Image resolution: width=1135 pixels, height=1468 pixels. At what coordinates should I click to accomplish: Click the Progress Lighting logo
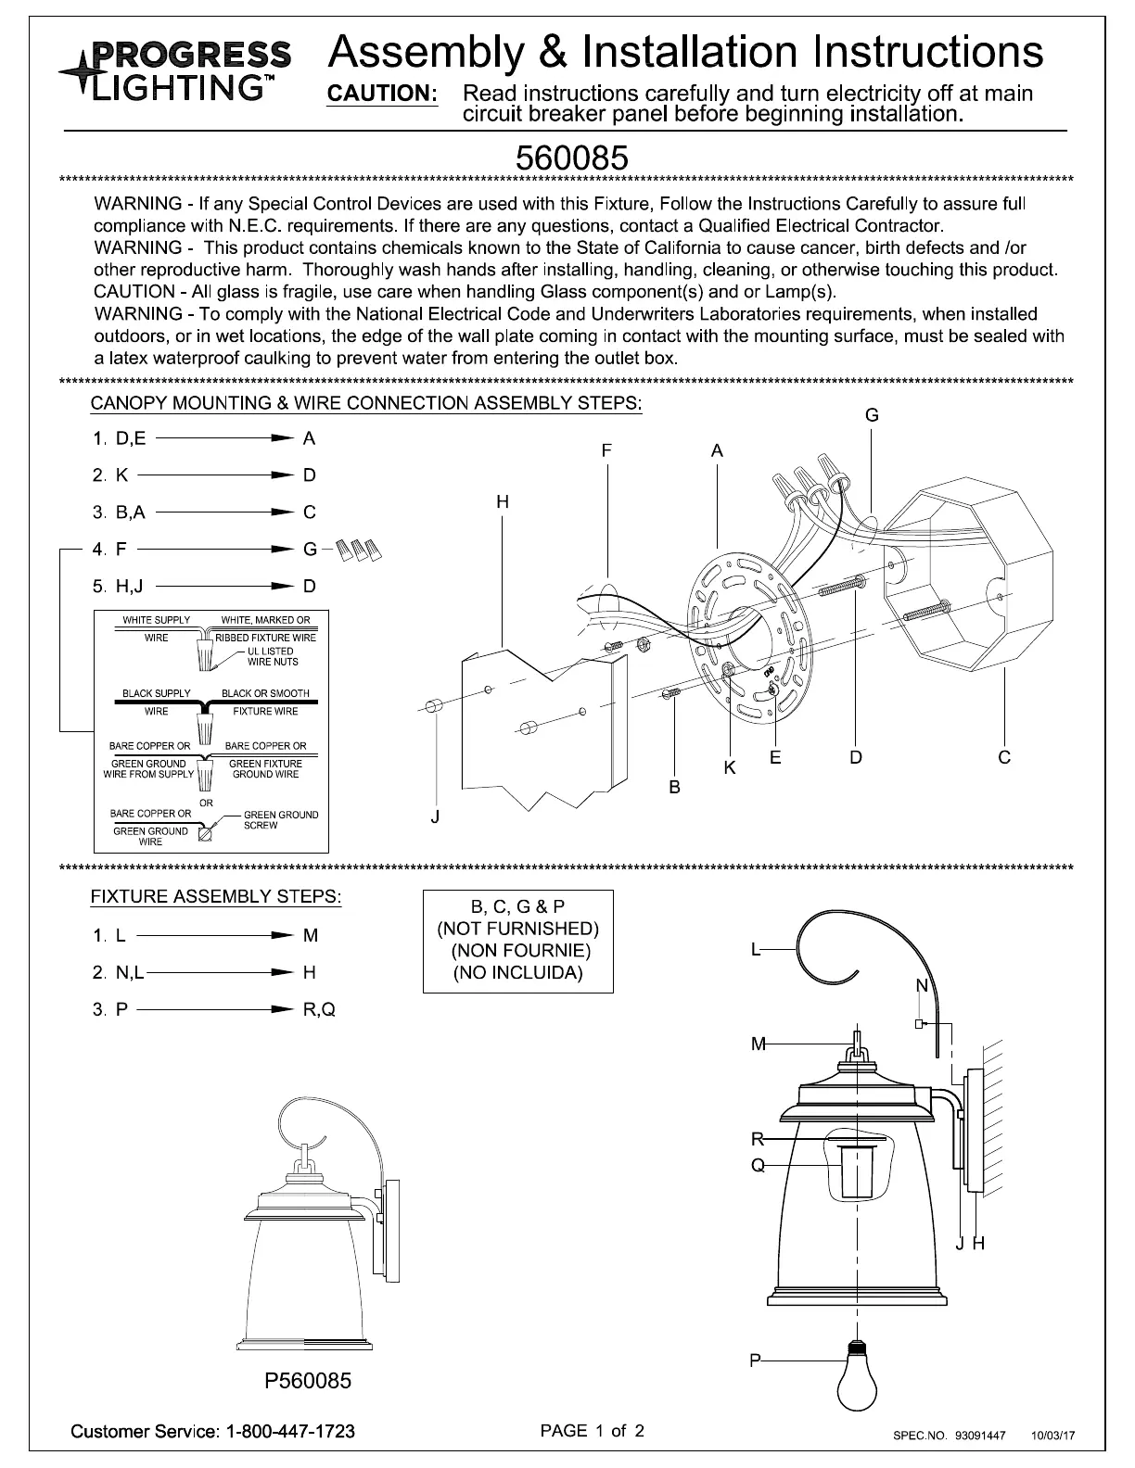(176, 70)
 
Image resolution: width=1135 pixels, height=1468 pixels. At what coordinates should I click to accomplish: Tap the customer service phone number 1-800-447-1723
(289, 1431)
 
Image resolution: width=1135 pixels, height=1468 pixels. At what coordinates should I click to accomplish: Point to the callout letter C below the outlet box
(1004, 757)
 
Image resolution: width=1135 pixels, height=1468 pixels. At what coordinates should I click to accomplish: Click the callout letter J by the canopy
(435, 816)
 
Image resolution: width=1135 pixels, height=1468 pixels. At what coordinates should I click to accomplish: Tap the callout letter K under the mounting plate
(730, 768)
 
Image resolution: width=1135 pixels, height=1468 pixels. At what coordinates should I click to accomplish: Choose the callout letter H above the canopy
(502, 501)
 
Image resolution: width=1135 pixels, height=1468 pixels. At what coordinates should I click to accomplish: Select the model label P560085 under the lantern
(309, 1381)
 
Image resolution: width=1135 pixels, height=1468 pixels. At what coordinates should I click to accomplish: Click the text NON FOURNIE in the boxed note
(520, 950)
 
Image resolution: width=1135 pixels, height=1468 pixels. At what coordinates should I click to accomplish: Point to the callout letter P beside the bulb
(756, 1360)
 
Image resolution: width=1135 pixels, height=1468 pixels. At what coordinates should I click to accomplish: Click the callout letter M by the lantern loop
(759, 1044)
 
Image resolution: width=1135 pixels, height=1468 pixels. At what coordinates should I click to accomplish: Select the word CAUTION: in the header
(383, 94)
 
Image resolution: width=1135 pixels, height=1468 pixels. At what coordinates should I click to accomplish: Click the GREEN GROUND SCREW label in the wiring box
(280, 820)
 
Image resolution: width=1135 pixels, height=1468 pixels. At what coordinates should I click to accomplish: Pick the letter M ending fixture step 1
(311, 935)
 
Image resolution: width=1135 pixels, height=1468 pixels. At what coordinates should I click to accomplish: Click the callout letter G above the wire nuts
(872, 415)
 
